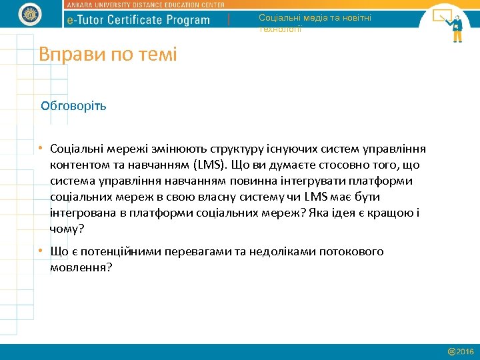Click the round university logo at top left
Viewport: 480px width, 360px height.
click(x=29, y=14)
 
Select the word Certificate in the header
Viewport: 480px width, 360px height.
click(x=140, y=20)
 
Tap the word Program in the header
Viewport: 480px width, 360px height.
click(x=189, y=20)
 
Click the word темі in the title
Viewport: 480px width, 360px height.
click(x=157, y=54)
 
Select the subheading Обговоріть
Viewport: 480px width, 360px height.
click(x=73, y=105)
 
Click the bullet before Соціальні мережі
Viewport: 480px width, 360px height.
click(x=41, y=149)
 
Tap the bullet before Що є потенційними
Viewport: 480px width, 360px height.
click(x=41, y=252)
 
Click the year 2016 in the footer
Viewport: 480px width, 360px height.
click(x=465, y=351)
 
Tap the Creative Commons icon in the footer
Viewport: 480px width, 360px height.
click(x=451, y=351)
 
